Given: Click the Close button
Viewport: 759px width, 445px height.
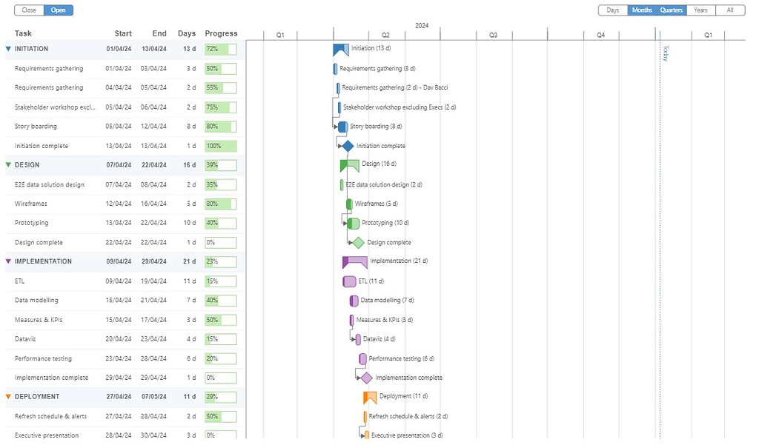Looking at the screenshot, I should (29, 10).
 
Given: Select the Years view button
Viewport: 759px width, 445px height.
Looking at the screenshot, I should (700, 10).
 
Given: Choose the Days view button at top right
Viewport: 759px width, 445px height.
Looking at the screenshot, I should (613, 10).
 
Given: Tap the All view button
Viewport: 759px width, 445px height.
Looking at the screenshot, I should (730, 10).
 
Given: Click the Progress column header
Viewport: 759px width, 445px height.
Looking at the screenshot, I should (221, 33).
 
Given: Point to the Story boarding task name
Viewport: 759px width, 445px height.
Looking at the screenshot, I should (36, 127).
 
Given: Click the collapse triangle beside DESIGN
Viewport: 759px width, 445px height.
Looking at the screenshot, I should (8, 165).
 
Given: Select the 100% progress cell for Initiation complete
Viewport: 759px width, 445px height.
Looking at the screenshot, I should (221, 146).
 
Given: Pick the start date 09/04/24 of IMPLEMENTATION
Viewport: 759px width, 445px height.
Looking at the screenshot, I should (119, 261).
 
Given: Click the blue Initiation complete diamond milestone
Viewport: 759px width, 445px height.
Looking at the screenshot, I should (348, 146).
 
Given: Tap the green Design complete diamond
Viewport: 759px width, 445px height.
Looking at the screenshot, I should (358, 242).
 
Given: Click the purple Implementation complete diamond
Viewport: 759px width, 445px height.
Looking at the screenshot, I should (366, 378).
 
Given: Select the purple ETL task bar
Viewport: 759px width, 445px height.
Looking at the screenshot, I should (349, 281).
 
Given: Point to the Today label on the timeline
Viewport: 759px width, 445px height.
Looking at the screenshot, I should (665, 53).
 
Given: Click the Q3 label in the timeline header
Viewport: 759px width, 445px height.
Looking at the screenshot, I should (493, 36).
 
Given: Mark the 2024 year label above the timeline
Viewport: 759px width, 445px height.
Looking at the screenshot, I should (422, 26).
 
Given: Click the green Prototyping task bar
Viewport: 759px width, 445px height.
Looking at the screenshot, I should (354, 223).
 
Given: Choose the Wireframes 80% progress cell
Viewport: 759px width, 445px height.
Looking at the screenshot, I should (221, 204).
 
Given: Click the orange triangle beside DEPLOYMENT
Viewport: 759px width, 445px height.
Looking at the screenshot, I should (8, 397).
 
